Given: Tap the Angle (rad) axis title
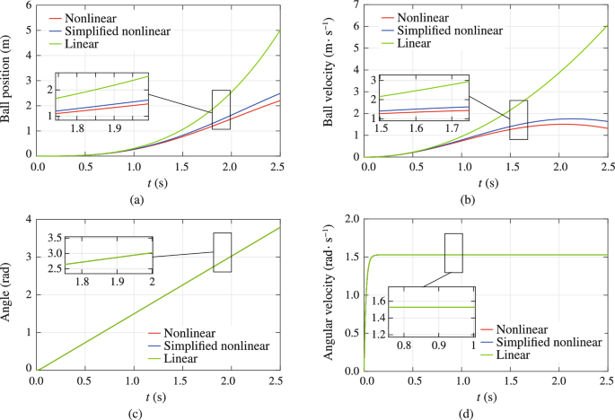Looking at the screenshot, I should [x=9, y=293].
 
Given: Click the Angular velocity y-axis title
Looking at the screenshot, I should [x=329, y=293].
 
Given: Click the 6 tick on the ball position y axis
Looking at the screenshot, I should [x=28, y=6].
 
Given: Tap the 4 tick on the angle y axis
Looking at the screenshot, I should [x=28, y=220].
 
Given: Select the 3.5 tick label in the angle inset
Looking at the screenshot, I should [x=52, y=238].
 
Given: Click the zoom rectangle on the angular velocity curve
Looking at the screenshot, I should [x=453, y=252].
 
